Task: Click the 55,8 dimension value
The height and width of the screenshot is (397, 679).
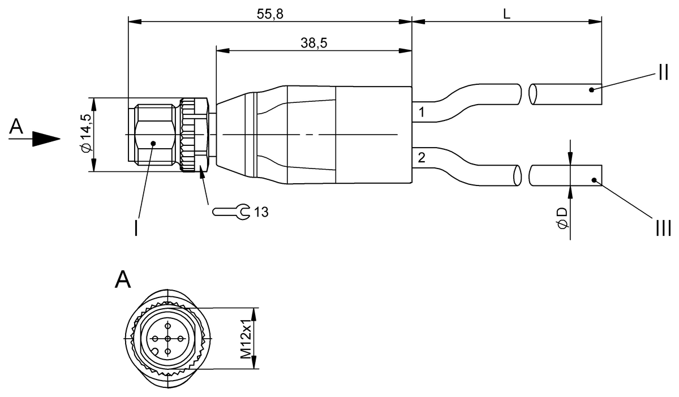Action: pos(270,15)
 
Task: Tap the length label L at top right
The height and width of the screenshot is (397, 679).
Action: pos(507,15)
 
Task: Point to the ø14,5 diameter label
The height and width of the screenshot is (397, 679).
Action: pos(85,133)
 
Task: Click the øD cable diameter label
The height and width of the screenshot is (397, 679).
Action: pos(562,218)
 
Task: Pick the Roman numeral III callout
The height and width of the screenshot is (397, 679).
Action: pos(663,228)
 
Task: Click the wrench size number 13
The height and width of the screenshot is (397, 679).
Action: pos(261,213)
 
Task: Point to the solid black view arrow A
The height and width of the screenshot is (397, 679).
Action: pos(45,139)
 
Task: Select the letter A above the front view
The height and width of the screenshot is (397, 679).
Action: pos(123,279)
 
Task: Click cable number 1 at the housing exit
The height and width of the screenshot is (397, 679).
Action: pos(421,112)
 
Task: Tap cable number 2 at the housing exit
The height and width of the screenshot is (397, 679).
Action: pos(421,157)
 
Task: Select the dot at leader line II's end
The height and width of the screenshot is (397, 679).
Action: pos(590,89)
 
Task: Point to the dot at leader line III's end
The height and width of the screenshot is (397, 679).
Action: pos(594,180)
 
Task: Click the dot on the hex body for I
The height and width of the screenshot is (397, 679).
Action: pos(153,144)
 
